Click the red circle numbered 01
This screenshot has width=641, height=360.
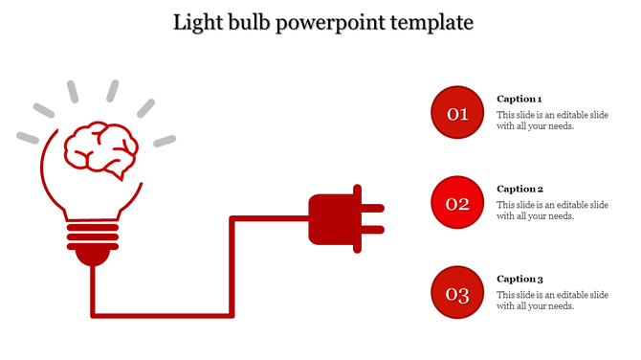pyautogui.click(x=457, y=113)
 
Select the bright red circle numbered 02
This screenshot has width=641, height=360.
pyautogui.click(x=457, y=203)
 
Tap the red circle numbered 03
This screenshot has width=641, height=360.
pyautogui.click(x=457, y=293)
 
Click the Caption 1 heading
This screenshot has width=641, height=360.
pyautogui.click(x=519, y=99)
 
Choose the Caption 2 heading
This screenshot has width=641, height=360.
pyautogui.click(x=519, y=189)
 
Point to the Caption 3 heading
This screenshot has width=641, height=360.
pyautogui.click(x=519, y=279)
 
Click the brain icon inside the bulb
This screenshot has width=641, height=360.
pyautogui.click(x=100, y=148)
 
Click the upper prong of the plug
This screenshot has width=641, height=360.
pyautogui.click(x=372, y=207)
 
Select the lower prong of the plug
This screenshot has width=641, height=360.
pyautogui.click(x=372, y=230)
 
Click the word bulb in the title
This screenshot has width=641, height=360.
pyautogui.click(x=252, y=21)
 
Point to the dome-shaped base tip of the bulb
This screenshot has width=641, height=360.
pyautogui.click(x=93, y=255)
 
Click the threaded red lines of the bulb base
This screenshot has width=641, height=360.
pyautogui.click(x=93, y=236)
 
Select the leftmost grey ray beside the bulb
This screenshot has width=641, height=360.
pyautogui.click(x=28, y=138)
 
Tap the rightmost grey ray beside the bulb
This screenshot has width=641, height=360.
pyautogui.click(x=165, y=141)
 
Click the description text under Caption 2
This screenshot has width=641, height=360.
pyautogui.click(x=552, y=211)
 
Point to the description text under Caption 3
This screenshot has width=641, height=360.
pyautogui.click(x=552, y=301)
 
